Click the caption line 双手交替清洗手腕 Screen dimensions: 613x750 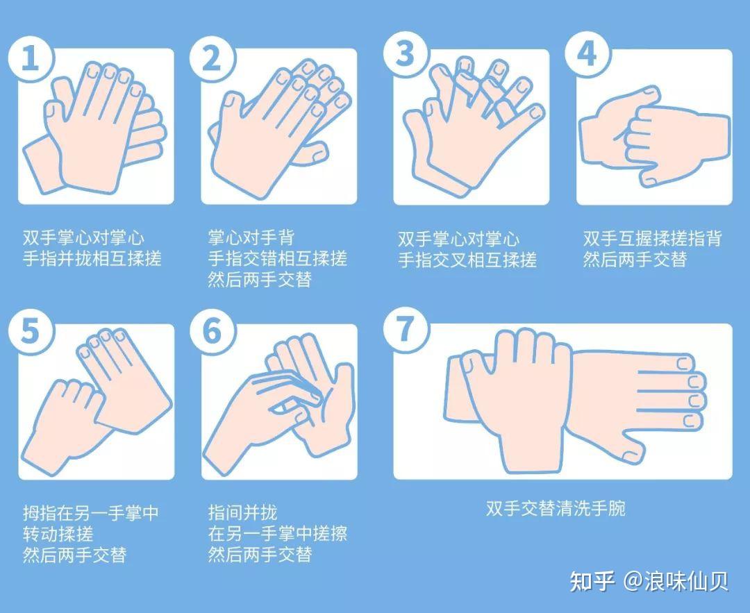click(556, 509)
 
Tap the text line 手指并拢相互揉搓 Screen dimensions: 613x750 click(92, 259)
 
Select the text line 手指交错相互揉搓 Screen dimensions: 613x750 click(277, 259)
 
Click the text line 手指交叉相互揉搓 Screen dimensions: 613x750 click(467, 260)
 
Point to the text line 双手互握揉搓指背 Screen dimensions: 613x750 click(652, 239)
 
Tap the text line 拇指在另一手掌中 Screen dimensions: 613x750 click(90, 513)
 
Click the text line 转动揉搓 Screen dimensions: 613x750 click(58, 534)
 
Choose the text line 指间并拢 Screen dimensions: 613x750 click(242, 512)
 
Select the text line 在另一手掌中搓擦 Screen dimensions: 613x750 click(277, 533)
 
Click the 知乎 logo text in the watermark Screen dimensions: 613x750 click(592, 581)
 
